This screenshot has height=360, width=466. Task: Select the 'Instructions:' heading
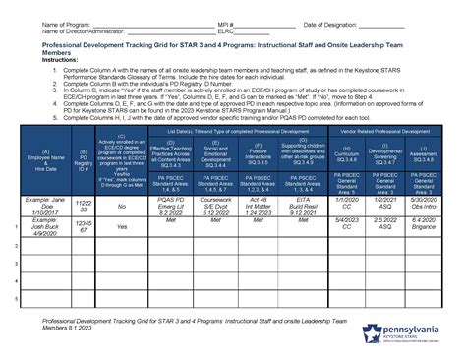coord(32,60)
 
